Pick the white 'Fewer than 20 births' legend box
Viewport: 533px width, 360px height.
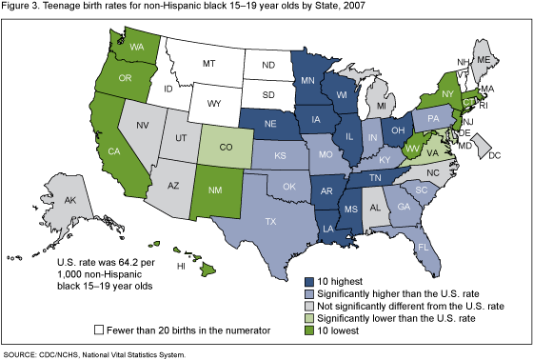(100, 329)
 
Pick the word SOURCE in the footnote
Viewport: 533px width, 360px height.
(23, 353)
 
